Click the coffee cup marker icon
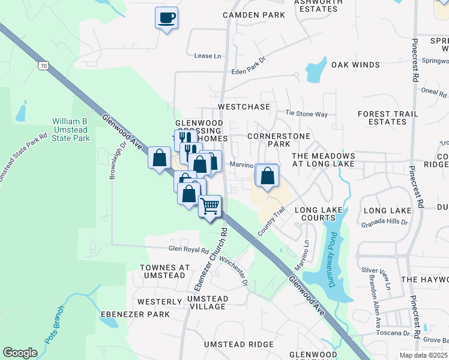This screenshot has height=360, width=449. [166, 17]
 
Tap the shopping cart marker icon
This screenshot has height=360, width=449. [209, 206]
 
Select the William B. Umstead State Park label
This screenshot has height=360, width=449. [71, 130]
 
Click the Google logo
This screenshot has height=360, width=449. [20, 353]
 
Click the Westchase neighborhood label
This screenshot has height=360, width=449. [244, 106]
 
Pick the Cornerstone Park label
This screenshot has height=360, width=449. [279, 140]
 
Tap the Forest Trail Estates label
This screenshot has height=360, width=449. [382, 118]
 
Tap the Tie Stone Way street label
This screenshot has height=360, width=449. [306, 113]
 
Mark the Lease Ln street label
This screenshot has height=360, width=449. [208, 56]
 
